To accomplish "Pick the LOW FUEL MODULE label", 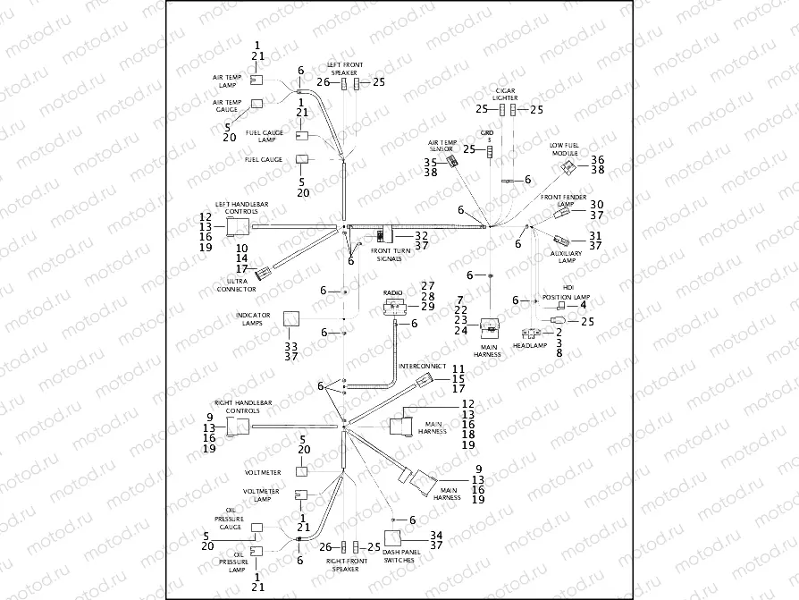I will click(565, 148).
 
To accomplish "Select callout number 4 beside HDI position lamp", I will click(583, 305).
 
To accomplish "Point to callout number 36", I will click(597, 158).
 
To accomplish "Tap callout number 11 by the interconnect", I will click(458, 368).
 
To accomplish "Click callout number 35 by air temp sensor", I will click(430, 162).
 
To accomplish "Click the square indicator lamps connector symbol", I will click(291, 319).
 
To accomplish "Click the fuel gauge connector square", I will click(303, 159).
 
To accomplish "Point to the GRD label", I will click(487, 133).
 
